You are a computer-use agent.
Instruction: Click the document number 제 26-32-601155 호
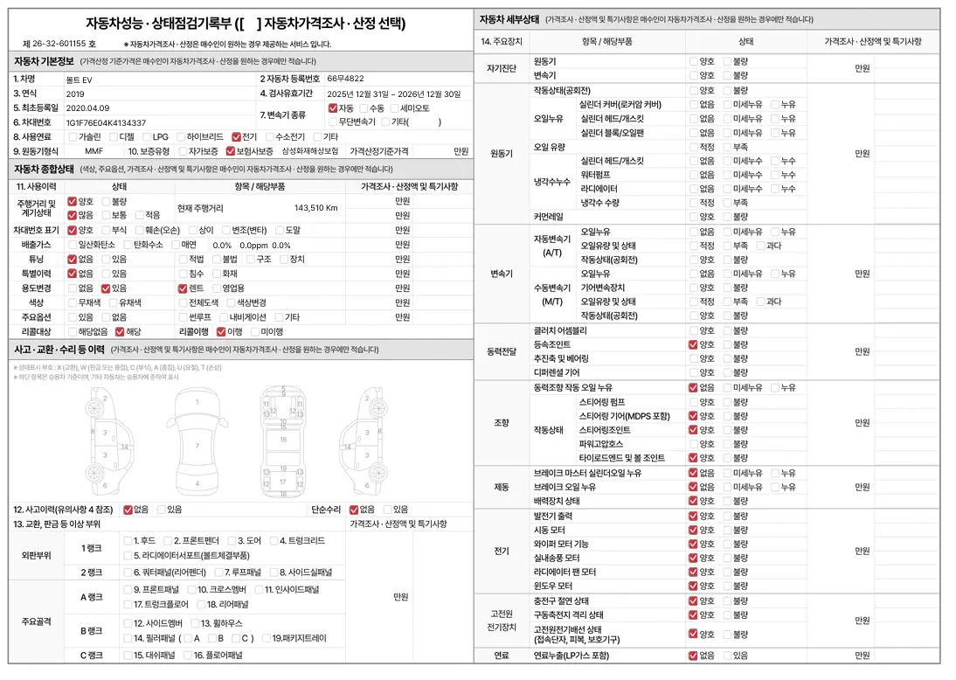click(59, 44)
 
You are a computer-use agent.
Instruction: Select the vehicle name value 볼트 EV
click(81, 79)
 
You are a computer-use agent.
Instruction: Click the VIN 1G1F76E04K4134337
click(106, 123)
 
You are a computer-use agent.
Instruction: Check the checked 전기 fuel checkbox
click(237, 137)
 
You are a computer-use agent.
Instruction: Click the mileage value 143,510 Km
click(315, 208)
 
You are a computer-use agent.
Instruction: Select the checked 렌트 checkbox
click(184, 288)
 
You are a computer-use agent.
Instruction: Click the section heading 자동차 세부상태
click(509, 18)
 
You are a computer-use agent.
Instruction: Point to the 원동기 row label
click(502, 153)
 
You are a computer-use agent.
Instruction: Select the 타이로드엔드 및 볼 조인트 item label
click(621, 458)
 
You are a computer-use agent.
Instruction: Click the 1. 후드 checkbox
click(128, 541)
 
